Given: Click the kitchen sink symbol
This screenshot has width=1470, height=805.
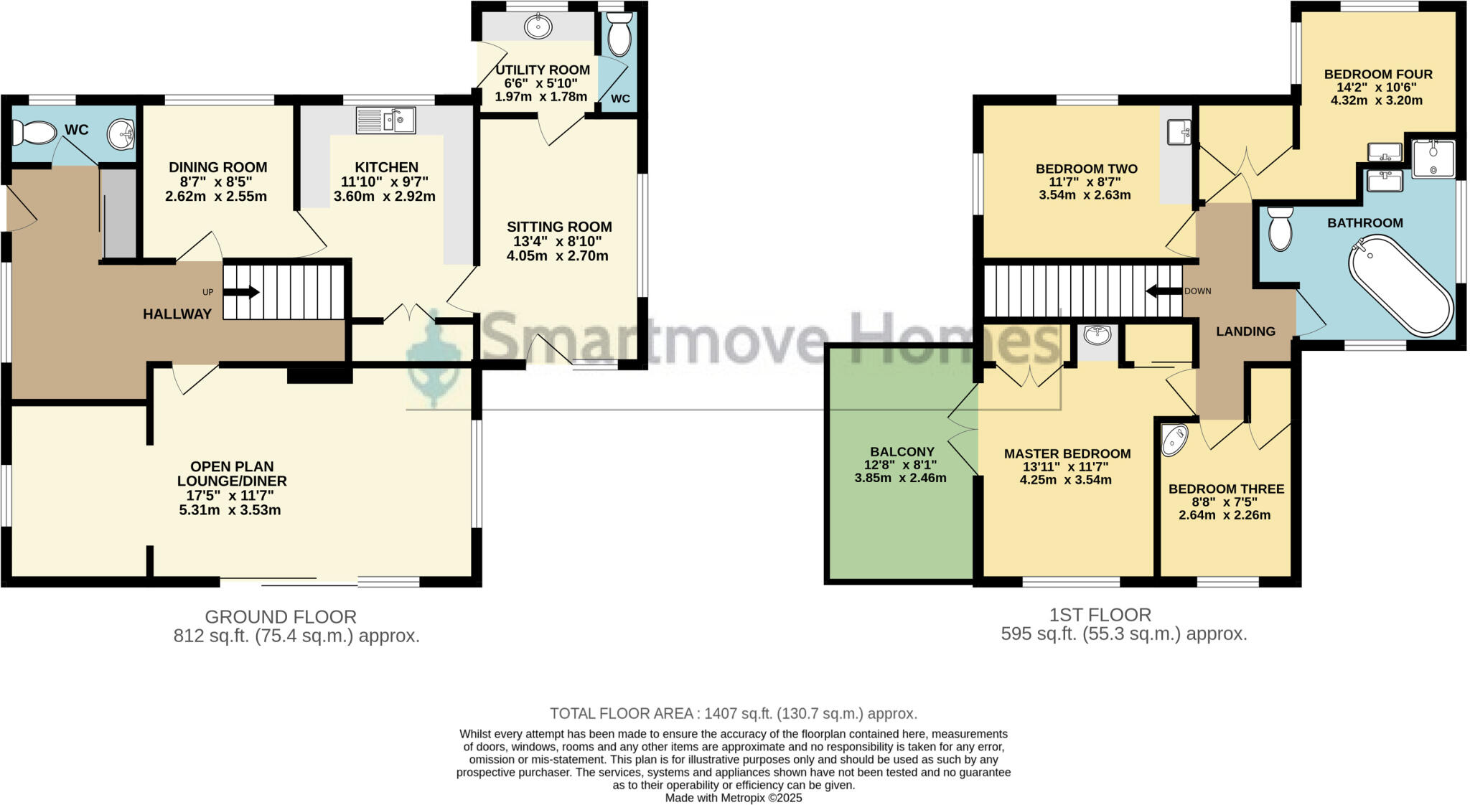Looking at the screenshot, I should pyautogui.click(x=385, y=120).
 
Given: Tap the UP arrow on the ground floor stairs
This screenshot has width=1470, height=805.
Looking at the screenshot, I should pyautogui.click(x=242, y=292).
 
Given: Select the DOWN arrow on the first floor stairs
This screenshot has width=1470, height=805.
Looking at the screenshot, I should pyautogui.click(x=1164, y=291).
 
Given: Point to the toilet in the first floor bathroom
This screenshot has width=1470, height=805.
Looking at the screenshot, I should pyautogui.click(x=1280, y=229).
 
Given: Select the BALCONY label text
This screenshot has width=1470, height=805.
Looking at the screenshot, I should pyautogui.click(x=902, y=451).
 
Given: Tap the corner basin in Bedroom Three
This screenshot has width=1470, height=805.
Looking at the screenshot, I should pyautogui.click(x=1174, y=439).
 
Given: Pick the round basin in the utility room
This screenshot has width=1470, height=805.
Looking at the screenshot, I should pyautogui.click(x=538, y=27).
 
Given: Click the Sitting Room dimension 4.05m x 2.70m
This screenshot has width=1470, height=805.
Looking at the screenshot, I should pyautogui.click(x=558, y=256).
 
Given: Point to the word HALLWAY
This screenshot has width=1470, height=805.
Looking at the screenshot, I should pyautogui.click(x=177, y=314).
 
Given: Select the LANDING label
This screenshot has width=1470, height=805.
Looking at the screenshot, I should pyautogui.click(x=1245, y=331).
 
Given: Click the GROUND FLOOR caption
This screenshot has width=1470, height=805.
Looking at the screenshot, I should pyautogui.click(x=281, y=616).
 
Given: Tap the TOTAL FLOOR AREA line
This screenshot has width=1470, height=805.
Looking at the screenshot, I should pyautogui.click(x=734, y=713).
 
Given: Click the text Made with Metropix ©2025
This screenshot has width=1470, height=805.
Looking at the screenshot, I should pyautogui.click(x=734, y=797).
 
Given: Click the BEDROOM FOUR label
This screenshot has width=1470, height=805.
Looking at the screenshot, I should pyautogui.click(x=1378, y=74).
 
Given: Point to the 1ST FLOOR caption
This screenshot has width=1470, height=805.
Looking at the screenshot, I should pyautogui.click(x=1100, y=614).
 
